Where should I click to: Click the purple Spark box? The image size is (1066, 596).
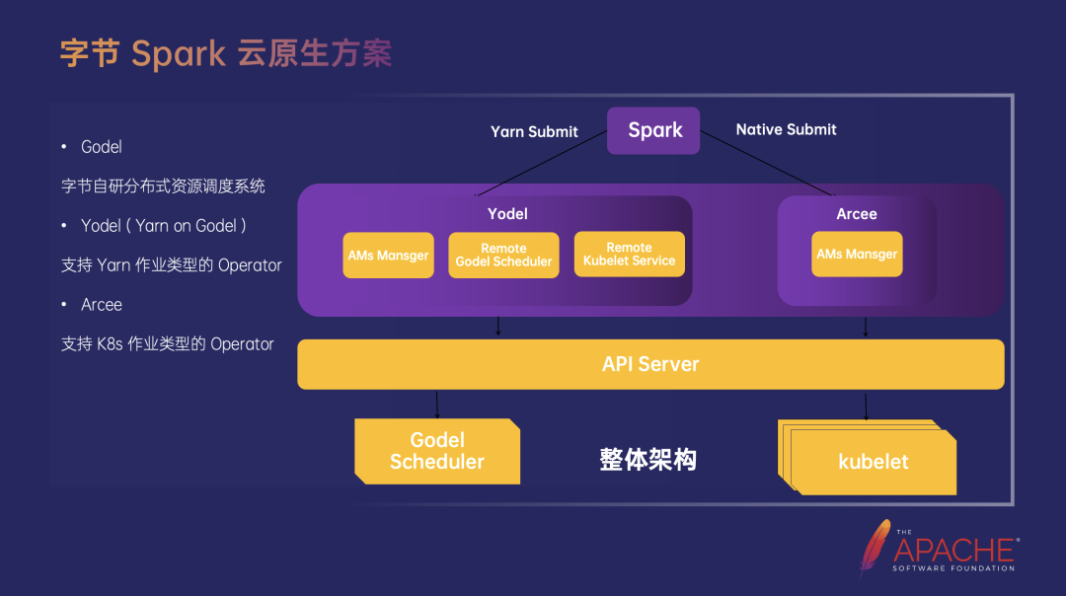pos(653,130)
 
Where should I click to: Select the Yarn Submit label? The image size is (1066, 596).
pos(534,131)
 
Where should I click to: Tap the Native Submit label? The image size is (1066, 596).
pos(786,129)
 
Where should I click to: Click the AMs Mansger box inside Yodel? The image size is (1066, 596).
pos(388,255)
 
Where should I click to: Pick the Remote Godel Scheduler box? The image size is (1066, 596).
pos(503,255)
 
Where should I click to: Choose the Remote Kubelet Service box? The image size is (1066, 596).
pos(629,255)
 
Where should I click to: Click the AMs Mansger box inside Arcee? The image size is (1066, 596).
pos(857,254)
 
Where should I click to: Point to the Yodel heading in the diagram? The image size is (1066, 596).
pos(507,213)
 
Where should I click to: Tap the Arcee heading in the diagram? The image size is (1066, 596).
pos(856,213)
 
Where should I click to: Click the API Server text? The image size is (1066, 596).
pos(650,364)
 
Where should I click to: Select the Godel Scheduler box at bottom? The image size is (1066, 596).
pos(437,451)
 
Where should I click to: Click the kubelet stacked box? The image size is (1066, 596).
pos(873,461)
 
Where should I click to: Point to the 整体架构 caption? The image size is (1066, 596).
pos(647,459)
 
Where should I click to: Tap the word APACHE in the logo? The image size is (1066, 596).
pos(953,550)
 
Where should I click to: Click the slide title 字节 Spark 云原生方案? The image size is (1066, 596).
pos(226,53)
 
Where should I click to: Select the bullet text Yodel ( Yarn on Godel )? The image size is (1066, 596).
pos(164,226)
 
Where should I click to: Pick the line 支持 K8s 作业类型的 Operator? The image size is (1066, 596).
pos(168,344)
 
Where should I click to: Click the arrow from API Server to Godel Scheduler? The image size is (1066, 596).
pos(437,404)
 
